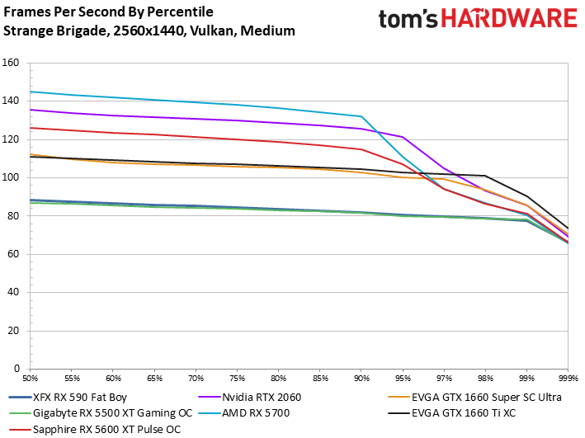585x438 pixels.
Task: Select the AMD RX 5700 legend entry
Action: pos(244,413)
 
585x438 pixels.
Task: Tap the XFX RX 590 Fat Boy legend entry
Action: pos(68,397)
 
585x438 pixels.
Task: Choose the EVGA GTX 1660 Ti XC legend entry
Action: pos(452,413)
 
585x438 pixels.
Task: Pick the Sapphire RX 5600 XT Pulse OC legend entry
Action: pos(95,429)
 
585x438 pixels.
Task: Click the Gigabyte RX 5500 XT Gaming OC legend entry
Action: pos(101,413)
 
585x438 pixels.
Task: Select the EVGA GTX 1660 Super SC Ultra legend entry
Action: pos(474,397)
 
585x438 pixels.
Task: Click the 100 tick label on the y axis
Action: pos(11,177)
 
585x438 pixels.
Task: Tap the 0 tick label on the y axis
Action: pos(17,369)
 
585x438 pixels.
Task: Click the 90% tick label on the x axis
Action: pos(361,379)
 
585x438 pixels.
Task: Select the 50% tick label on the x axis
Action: pos(31,379)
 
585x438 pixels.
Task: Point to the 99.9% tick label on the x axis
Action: pos(568,379)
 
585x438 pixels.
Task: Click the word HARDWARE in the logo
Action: pos(509,19)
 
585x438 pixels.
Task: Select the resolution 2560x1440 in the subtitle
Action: pos(149,31)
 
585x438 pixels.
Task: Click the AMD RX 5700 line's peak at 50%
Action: pos(31,92)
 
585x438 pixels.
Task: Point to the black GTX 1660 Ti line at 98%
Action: pos(485,176)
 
